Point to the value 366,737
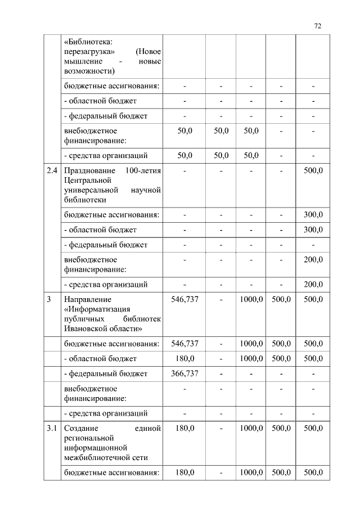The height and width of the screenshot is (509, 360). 184,373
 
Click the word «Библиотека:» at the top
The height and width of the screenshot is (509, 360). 88,42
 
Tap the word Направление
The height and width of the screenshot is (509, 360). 88,299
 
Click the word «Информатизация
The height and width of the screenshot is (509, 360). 98,309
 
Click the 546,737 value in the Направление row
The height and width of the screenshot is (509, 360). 184,299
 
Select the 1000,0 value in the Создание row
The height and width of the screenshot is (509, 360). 251,429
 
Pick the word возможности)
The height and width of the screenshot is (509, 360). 90,70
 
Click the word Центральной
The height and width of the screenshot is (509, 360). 87,180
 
